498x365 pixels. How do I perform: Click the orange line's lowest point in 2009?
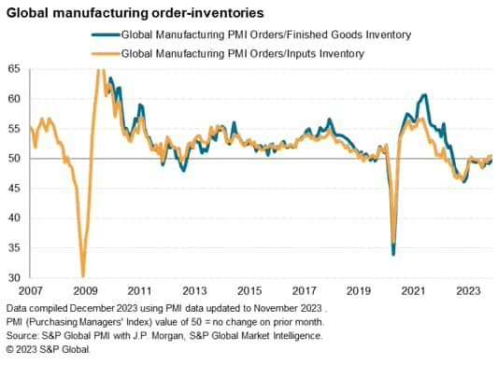pyautogui.click(x=83, y=275)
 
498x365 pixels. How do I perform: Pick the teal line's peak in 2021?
pyautogui.click(x=425, y=94)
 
